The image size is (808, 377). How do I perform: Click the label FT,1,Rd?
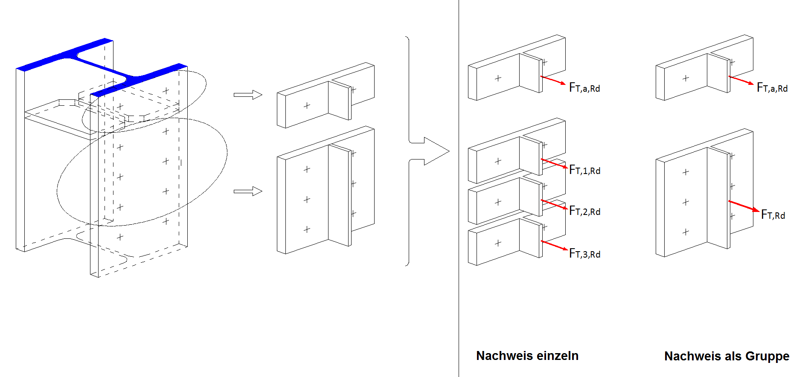point(584,170)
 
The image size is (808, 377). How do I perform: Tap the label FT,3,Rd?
point(584,254)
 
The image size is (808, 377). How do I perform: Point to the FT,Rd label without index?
point(773,215)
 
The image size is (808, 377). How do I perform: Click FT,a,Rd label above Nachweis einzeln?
point(584,88)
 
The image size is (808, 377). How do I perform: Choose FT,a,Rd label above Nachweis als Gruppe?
point(772,88)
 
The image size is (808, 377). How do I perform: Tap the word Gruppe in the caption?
point(768,357)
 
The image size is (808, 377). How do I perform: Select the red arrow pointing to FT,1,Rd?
point(554,164)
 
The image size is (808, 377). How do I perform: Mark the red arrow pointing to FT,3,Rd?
point(554,246)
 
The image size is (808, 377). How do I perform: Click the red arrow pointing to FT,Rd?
point(744,206)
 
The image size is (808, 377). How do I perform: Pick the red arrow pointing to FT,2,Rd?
point(554,205)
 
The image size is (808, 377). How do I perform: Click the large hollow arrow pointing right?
point(435,151)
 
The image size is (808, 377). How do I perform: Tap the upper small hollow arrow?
point(248,95)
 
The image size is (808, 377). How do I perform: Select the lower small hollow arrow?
point(248,191)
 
